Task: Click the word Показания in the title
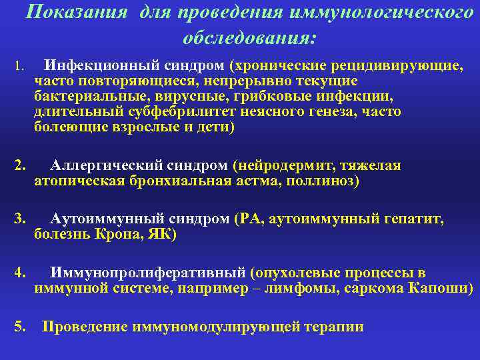click(81, 12)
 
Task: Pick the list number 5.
click(19, 327)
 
